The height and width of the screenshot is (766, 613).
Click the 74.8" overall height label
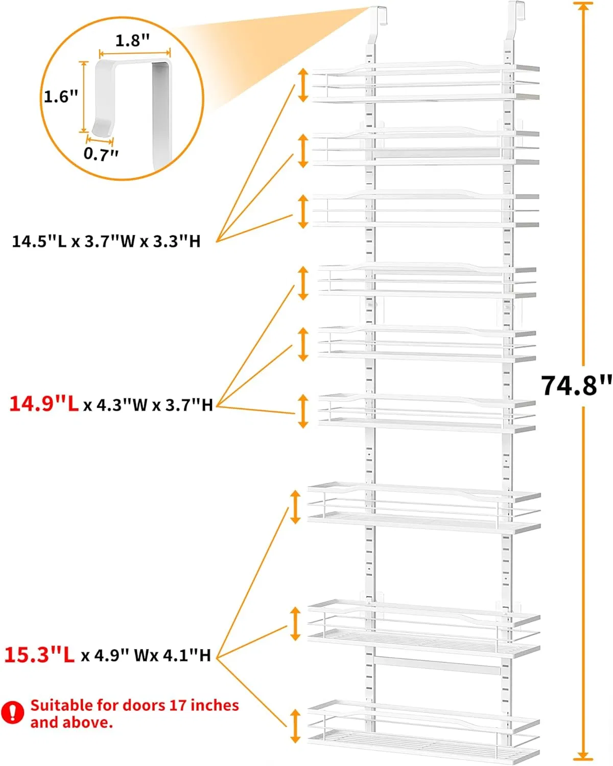pos(576,386)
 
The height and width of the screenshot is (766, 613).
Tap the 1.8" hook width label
pos(132,41)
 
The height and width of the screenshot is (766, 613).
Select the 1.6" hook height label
pos(61,96)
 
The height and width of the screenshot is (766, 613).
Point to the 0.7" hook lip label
pos(101,153)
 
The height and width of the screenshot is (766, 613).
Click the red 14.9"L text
pos(44,404)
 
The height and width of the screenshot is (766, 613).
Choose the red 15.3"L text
pos(39,655)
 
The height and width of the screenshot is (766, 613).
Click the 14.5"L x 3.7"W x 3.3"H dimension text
pos(106,242)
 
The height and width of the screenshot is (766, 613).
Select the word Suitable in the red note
pos(62,705)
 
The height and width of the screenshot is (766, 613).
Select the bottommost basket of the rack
pos(423,730)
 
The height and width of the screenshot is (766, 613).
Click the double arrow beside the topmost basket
pos(303,85)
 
